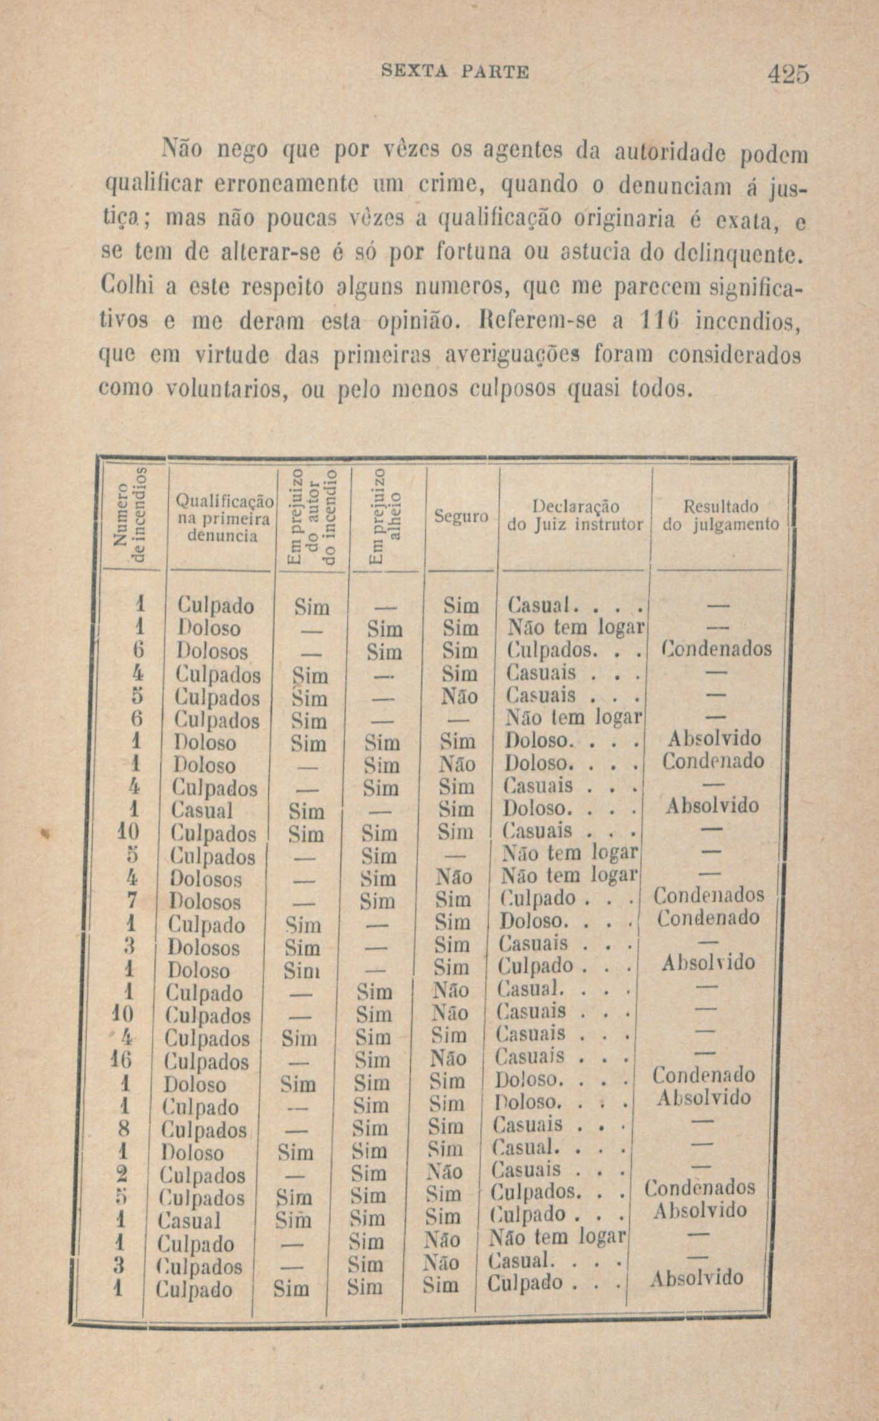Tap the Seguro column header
(461, 517)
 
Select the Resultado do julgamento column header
(720, 515)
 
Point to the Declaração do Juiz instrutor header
(574, 515)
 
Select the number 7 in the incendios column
(131, 901)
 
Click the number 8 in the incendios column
(123, 1129)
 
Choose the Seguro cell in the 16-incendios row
(449, 1059)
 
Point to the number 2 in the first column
(123, 1174)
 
